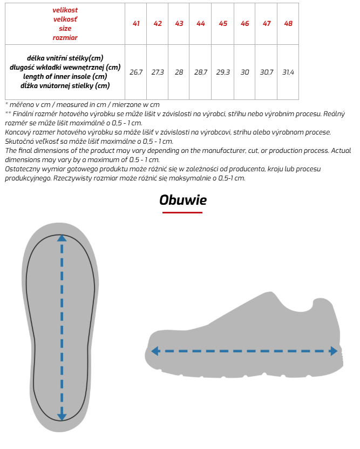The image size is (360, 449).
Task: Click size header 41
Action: tap(136, 24)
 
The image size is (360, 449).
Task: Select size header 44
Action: tap(201, 24)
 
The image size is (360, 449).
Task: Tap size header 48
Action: tap(288, 24)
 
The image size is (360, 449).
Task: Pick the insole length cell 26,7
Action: tap(136, 72)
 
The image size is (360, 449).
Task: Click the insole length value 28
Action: tap(179, 72)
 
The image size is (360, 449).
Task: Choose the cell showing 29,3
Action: tap(223, 72)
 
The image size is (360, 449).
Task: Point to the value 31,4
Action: tap(288, 72)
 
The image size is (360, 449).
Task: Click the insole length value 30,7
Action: tap(267, 72)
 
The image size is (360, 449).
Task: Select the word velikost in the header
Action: tap(65, 10)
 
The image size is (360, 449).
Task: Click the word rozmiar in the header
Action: tap(65, 38)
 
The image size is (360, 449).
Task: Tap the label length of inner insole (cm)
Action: tap(65, 76)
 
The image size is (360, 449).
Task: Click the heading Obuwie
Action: tap(183, 200)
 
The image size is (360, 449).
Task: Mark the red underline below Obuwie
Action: tap(182, 212)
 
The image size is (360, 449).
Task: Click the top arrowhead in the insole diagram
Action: tap(62, 237)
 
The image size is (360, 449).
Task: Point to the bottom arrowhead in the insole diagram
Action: tap(62, 417)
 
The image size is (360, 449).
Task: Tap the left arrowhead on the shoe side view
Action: tap(155, 351)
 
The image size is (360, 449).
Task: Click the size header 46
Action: tap(244, 24)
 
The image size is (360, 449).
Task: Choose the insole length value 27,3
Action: tap(158, 72)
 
